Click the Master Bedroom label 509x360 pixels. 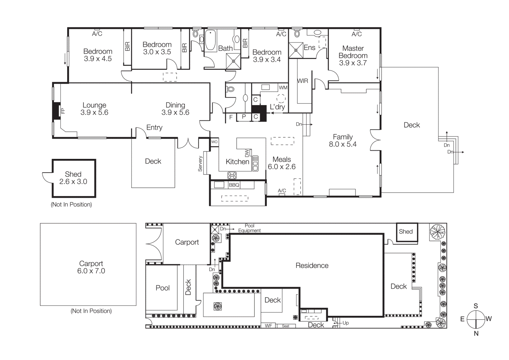click(353, 52)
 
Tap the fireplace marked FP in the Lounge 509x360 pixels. click(57, 111)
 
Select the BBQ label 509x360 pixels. click(234, 185)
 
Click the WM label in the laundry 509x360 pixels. click(283, 88)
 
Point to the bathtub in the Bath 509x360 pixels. click(210, 40)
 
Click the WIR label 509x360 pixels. click(303, 81)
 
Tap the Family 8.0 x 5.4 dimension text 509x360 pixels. click(343, 144)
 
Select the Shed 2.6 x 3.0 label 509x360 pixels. click(73, 178)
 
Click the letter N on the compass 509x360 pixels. click(476, 334)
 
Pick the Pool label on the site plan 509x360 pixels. click(163, 288)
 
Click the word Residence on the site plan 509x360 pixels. click(312, 265)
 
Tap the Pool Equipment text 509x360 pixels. click(249, 228)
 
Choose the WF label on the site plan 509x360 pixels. click(268, 326)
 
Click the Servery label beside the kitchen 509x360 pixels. click(200, 164)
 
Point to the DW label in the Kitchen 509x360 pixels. click(247, 153)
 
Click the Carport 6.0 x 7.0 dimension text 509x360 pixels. click(91, 271)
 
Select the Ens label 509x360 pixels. click(309, 48)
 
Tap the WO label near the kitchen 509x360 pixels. click(214, 142)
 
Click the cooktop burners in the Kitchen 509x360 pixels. click(232, 175)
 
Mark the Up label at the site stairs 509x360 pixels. click(345, 323)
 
